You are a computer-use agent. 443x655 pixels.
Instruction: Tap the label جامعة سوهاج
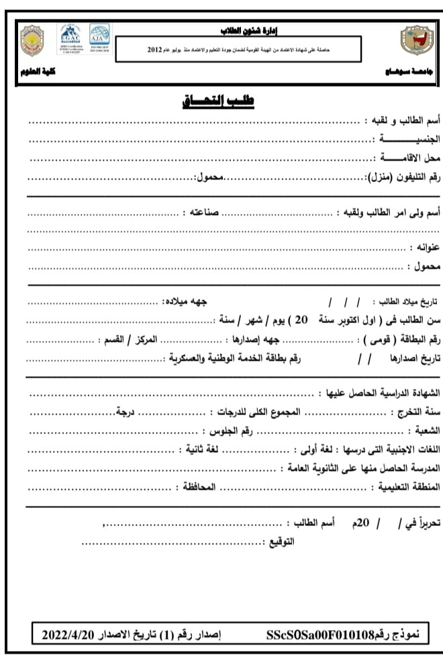coord(404,72)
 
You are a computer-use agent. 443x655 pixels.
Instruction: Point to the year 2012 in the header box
coord(154,50)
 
